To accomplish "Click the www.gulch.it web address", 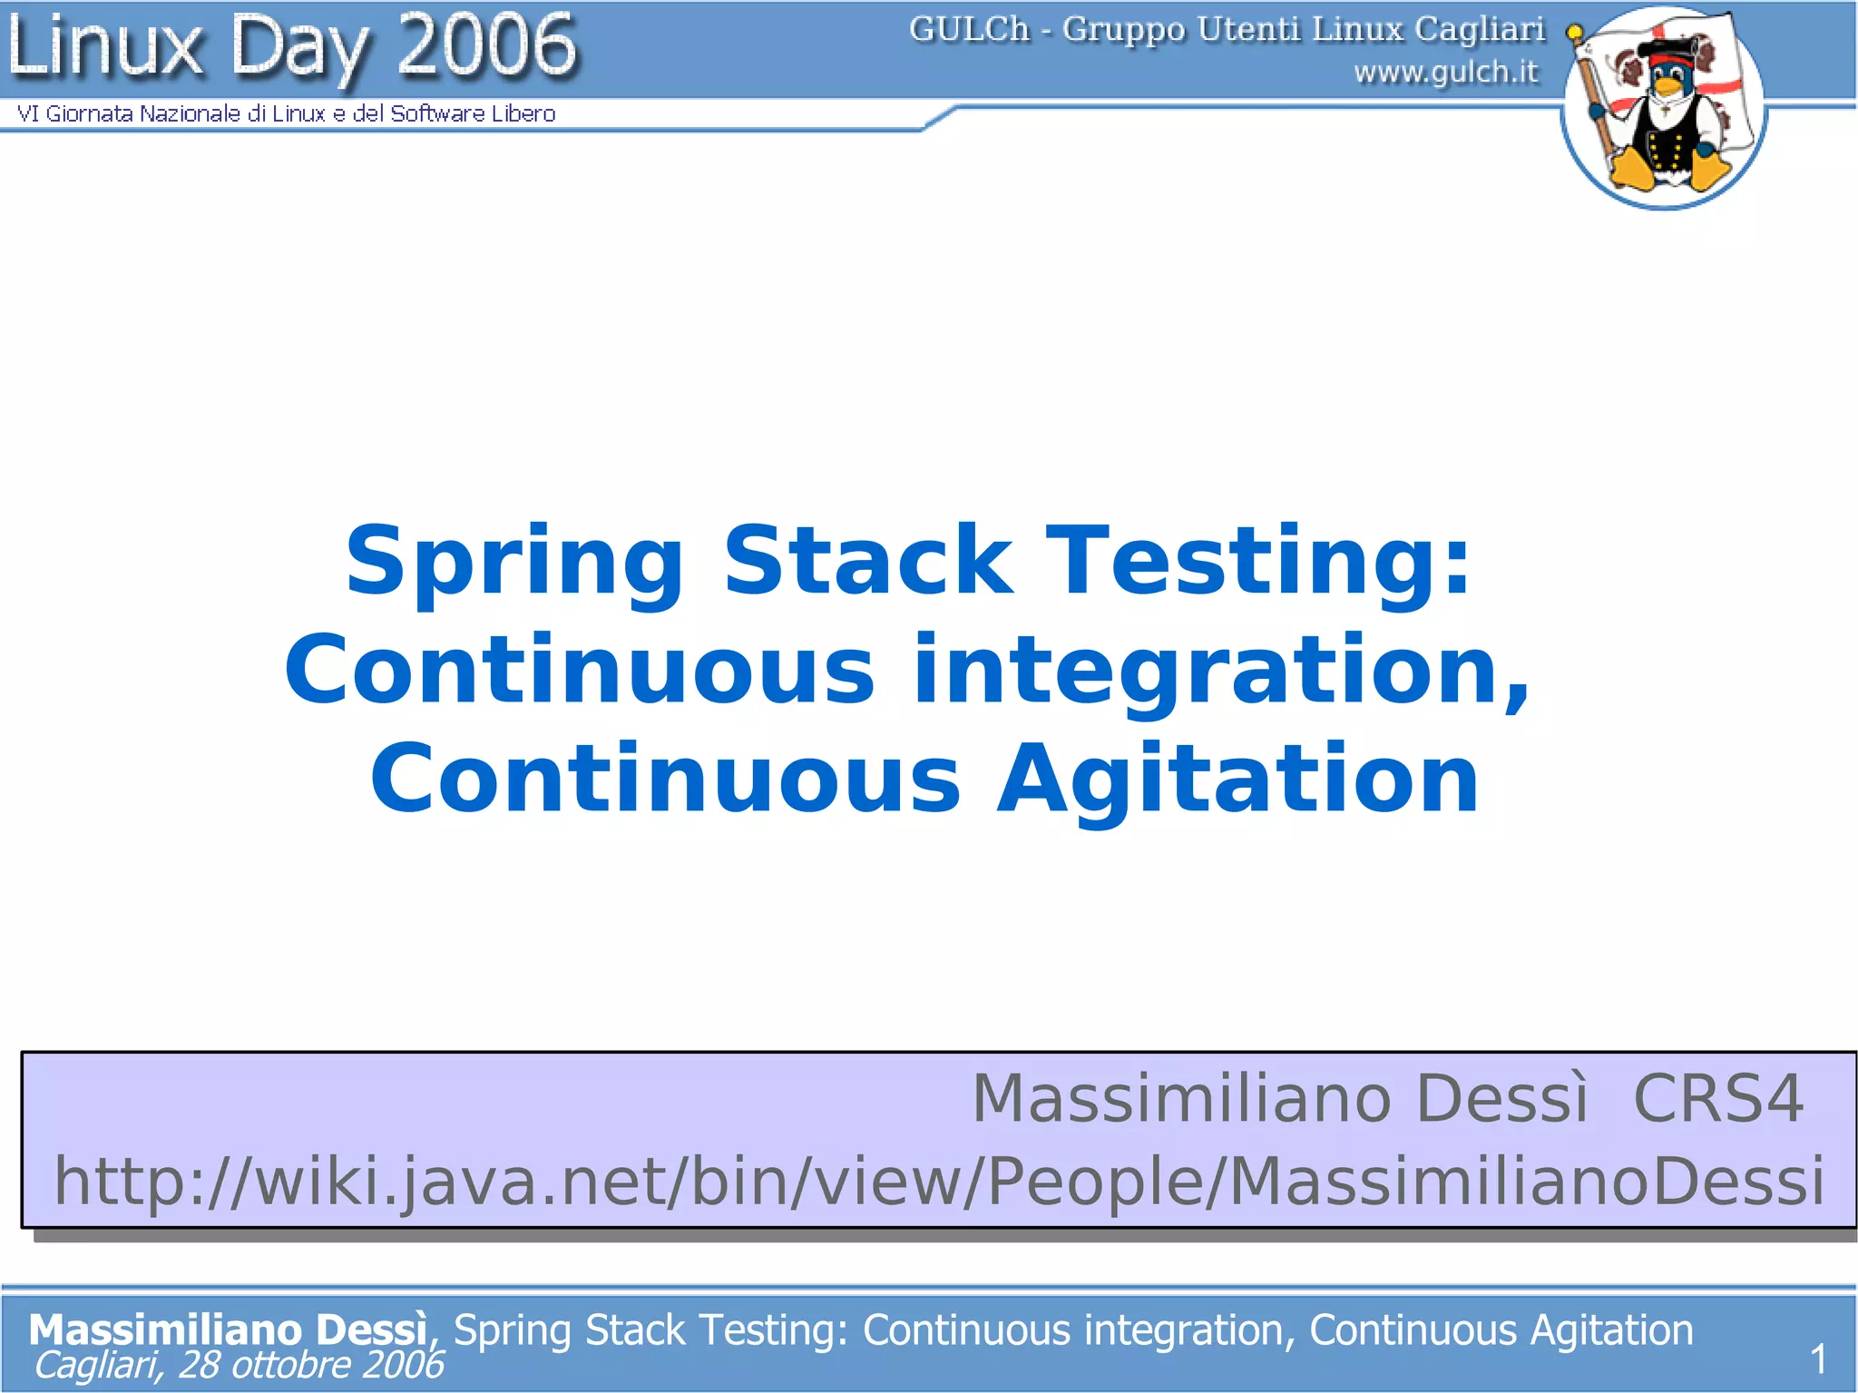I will click(x=1446, y=72).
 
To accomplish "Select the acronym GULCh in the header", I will click(x=969, y=30).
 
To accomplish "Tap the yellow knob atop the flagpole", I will click(x=1575, y=33).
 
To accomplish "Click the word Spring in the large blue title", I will click(x=514, y=563).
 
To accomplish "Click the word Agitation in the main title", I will click(x=1237, y=779).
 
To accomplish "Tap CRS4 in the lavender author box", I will click(x=1717, y=1098).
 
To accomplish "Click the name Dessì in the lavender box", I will click(x=1501, y=1098).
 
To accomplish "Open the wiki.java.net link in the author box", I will click(x=938, y=1181).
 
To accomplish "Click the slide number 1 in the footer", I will click(x=1817, y=1359).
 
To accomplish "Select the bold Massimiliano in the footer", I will click(x=165, y=1329).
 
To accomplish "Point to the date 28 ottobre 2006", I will click(x=311, y=1364).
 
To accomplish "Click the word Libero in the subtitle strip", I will click(x=523, y=113).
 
